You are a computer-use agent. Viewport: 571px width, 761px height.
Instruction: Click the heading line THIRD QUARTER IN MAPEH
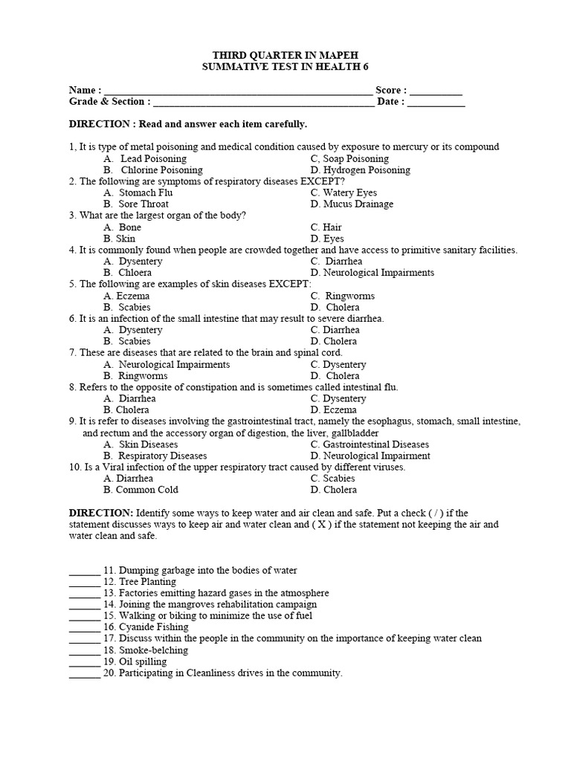(x=285, y=56)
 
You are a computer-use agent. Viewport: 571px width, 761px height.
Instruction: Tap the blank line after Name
(x=238, y=91)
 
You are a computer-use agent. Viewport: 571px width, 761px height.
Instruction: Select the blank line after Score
(x=436, y=91)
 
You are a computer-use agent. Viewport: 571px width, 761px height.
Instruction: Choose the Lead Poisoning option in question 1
(x=153, y=158)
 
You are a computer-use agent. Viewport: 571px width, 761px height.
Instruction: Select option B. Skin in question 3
(x=120, y=239)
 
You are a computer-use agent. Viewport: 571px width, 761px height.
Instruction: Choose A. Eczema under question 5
(x=126, y=296)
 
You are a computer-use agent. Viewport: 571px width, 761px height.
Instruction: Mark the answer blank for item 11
(x=85, y=571)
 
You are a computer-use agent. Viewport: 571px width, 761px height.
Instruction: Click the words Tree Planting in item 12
(x=148, y=582)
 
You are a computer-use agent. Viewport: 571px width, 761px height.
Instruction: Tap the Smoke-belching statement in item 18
(x=154, y=650)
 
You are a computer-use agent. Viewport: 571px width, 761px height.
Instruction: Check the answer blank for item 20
(x=85, y=673)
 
